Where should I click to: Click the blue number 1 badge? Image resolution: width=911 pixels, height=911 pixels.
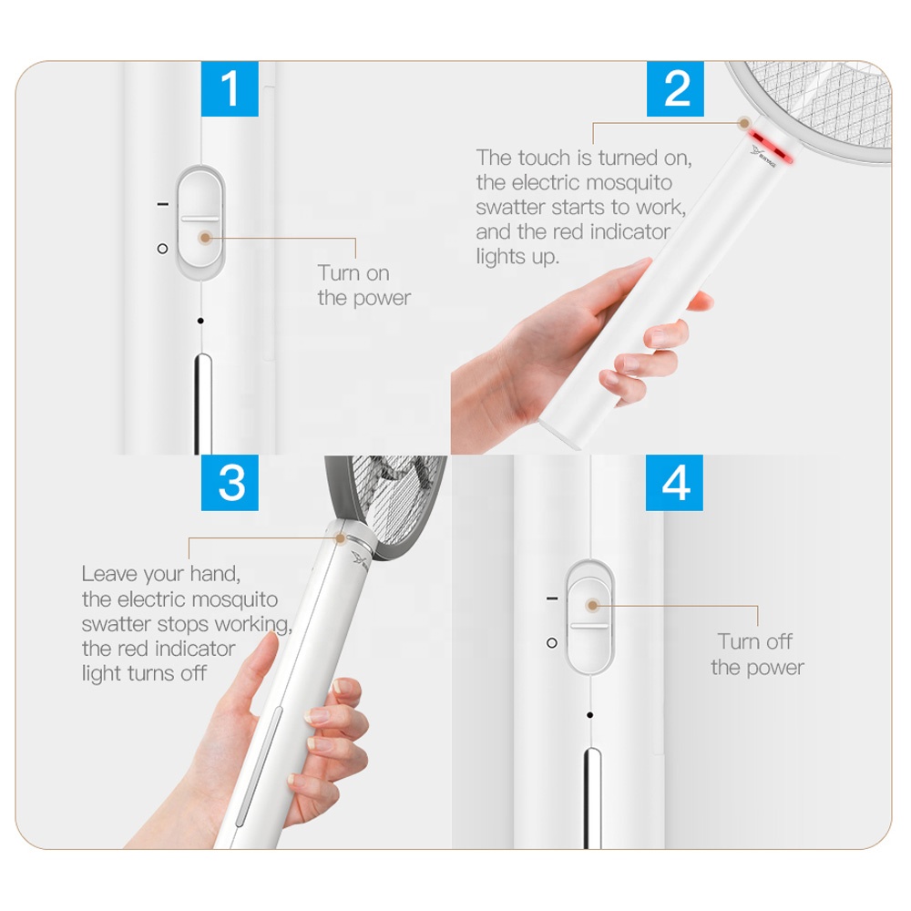tap(230, 88)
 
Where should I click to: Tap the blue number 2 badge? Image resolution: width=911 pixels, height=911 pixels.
tap(675, 88)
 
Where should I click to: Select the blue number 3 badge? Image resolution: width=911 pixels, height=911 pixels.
tap(230, 483)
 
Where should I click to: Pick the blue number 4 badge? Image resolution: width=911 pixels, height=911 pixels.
tap(674, 483)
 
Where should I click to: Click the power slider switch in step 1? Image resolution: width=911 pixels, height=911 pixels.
tap(200, 222)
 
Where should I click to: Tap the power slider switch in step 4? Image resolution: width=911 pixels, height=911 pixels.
tap(589, 617)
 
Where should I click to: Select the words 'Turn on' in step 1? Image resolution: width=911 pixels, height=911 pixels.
tap(353, 273)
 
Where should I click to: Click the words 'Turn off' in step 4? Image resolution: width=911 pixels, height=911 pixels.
tap(754, 641)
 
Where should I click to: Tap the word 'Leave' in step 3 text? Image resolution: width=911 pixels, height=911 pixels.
tap(109, 574)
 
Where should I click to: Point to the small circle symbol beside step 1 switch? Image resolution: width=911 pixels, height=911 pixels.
tap(163, 249)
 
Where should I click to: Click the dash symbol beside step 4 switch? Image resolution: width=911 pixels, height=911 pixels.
tap(552, 598)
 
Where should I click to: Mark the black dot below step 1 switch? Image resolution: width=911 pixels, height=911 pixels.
tap(200, 321)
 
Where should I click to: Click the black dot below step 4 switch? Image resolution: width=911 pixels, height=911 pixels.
tap(589, 715)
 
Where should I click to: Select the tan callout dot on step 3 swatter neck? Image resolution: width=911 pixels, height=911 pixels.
tap(341, 538)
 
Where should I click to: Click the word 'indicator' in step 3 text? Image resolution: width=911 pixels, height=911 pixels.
tap(195, 649)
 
